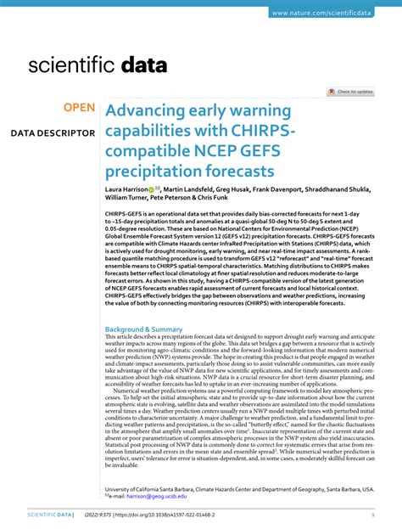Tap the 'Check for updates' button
350,91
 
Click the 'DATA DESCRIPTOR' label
53,133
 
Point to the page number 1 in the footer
374,515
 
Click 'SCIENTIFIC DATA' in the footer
50,515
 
